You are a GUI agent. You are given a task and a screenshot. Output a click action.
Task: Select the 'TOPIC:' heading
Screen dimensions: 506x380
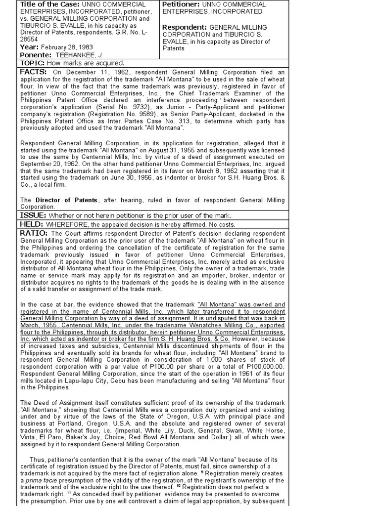[33, 63]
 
